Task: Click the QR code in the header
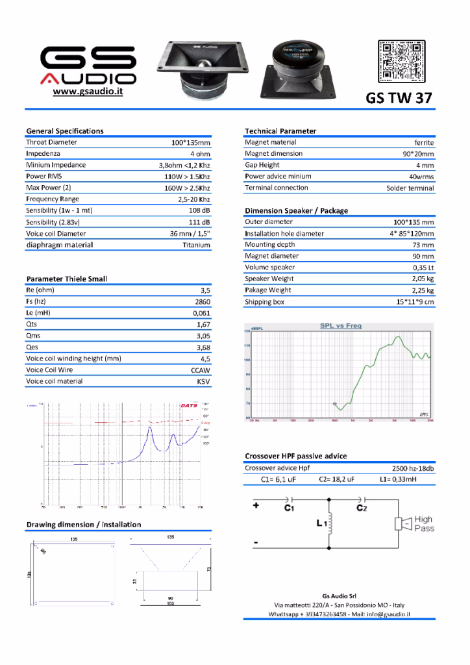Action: [x=402, y=60]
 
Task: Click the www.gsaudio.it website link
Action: [x=88, y=92]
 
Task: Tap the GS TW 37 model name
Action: [x=399, y=98]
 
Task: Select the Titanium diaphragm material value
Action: [x=196, y=245]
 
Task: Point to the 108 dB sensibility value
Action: [x=199, y=211]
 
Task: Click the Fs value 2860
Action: [x=203, y=302]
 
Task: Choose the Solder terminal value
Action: [x=410, y=188]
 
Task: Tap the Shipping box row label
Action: [x=264, y=302]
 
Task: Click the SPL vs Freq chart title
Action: [x=341, y=325]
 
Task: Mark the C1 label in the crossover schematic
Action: [x=290, y=508]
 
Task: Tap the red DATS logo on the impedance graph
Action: [x=189, y=405]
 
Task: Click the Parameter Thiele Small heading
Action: [x=67, y=279]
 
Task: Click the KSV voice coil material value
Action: [x=203, y=382]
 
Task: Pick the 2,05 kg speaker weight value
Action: [x=423, y=279]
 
